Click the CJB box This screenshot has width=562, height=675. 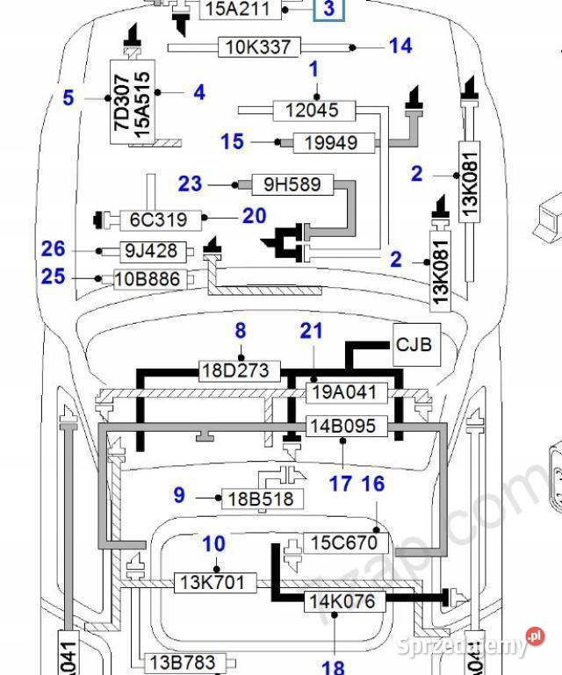414,345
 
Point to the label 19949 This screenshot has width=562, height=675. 330,141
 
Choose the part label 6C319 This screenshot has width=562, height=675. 159,219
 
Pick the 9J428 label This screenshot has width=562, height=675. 151,251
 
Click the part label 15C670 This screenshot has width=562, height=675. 345,542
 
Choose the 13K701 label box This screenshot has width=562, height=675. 216,581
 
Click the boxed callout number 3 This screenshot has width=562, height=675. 329,10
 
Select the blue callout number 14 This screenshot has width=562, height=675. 400,46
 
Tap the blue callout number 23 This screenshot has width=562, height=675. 190,184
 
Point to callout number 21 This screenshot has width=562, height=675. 312,331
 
